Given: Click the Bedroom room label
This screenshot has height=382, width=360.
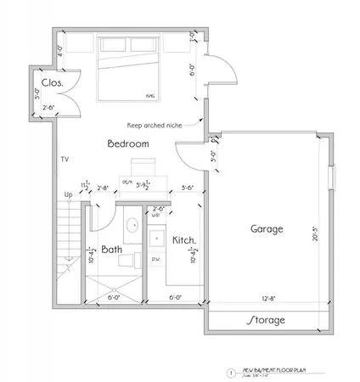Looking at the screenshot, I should click(128, 144).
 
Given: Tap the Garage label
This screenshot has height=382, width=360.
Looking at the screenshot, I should click(267, 229).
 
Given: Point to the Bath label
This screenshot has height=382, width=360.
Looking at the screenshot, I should click(112, 250).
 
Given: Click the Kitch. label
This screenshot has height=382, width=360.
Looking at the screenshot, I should click(185, 241).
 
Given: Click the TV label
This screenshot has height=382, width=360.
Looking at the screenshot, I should click(65, 159).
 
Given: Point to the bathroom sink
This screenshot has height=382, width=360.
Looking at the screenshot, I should click(133, 226).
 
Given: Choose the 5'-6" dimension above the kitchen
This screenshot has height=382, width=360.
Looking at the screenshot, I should click(187, 188).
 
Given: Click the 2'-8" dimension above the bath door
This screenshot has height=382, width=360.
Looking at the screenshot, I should click(103, 188).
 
